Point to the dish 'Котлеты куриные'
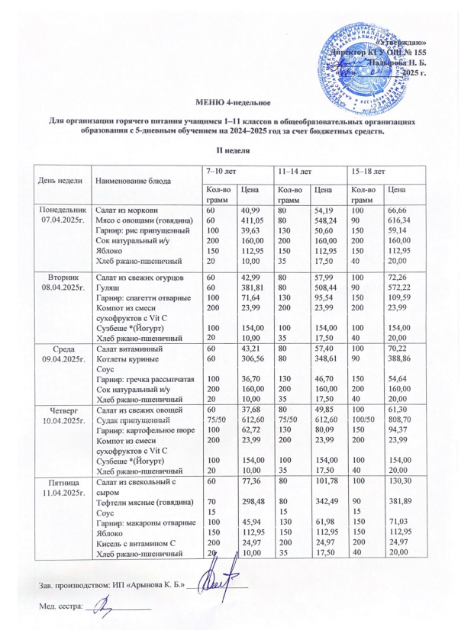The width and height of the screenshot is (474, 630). click(x=126, y=358)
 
